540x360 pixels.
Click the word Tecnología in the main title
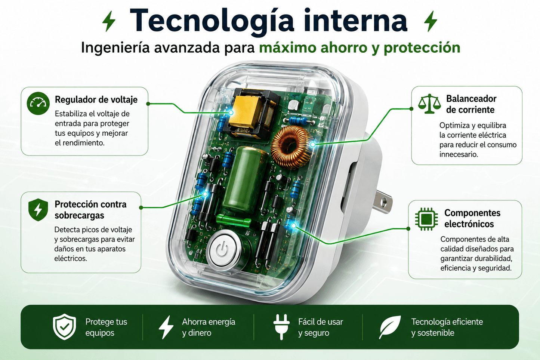point(212,21)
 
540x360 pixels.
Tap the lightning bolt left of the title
point(109,21)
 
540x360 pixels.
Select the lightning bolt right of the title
point(431,21)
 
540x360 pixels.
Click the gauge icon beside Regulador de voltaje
point(38,103)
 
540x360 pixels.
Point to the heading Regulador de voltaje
point(96,99)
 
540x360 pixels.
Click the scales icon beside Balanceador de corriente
point(429,104)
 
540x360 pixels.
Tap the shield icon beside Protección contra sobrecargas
point(38,210)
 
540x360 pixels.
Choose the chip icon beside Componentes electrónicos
point(426,219)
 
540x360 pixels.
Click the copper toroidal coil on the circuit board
point(292,147)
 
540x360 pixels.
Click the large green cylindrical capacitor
point(245,180)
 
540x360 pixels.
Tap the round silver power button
point(225,250)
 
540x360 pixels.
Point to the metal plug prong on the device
point(384,201)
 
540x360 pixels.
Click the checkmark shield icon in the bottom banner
point(64,327)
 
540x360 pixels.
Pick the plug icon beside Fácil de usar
point(281,327)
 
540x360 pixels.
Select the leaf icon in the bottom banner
point(390,327)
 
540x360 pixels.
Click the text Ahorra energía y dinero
point(209,327)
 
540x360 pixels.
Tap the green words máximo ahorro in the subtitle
point(314,48)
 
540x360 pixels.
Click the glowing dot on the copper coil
point(313,144)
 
